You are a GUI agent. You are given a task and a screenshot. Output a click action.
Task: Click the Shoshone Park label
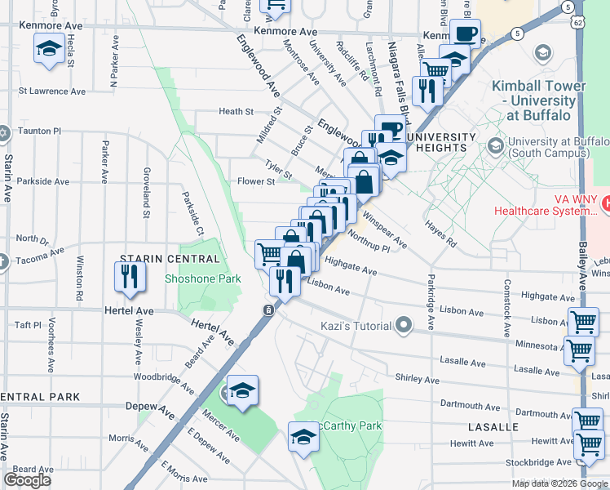[x=202, y=278]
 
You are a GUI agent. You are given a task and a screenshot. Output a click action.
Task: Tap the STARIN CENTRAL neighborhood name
[x=170, y=259]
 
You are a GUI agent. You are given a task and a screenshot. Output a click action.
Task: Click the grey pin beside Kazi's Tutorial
[x=403, y=326]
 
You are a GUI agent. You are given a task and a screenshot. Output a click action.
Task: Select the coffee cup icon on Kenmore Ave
[x=466, y=34]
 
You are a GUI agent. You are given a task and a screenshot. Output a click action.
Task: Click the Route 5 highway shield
[x=518, y=33]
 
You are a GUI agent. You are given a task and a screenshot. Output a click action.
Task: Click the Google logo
[x=28, y=479]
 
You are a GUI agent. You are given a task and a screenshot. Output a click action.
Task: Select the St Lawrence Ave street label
[x=52, y=91]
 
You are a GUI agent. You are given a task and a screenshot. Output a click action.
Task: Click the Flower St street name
[x=255, y=181]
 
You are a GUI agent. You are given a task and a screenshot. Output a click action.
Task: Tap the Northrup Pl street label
[x=369, y=242]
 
